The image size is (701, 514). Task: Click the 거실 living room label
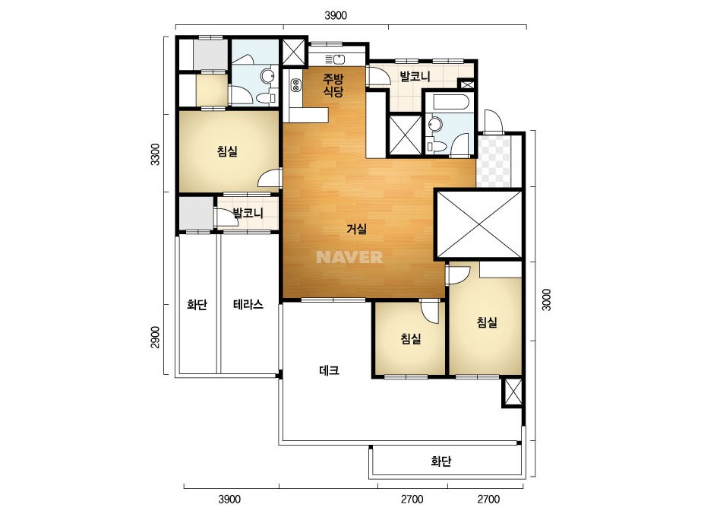[357, 229]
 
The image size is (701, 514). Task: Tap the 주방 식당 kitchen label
[333, 85]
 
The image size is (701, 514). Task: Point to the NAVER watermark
[349, 257]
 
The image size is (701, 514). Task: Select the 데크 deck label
[329, 370]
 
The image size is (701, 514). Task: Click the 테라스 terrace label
[248, 304]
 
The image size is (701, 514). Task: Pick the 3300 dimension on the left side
[155, 154]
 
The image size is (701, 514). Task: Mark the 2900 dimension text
[155, 337]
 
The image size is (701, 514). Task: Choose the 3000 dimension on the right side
[546, 300]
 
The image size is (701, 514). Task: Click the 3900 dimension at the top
[335, 16]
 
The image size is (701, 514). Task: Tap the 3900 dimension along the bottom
[229, 499]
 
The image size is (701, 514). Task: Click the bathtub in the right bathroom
[450, 102]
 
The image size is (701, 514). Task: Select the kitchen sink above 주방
[335, 59]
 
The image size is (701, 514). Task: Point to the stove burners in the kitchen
[295, 84]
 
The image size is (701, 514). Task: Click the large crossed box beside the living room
[478, 224]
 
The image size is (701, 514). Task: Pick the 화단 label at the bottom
[440, 462]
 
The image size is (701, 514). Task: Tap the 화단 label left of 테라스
[197, 305]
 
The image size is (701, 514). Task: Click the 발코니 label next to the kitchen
[415, 76]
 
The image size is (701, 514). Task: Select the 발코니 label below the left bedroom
[248, 213]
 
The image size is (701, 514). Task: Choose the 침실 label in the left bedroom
[227, 151]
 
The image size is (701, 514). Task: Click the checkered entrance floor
[494, 160]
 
